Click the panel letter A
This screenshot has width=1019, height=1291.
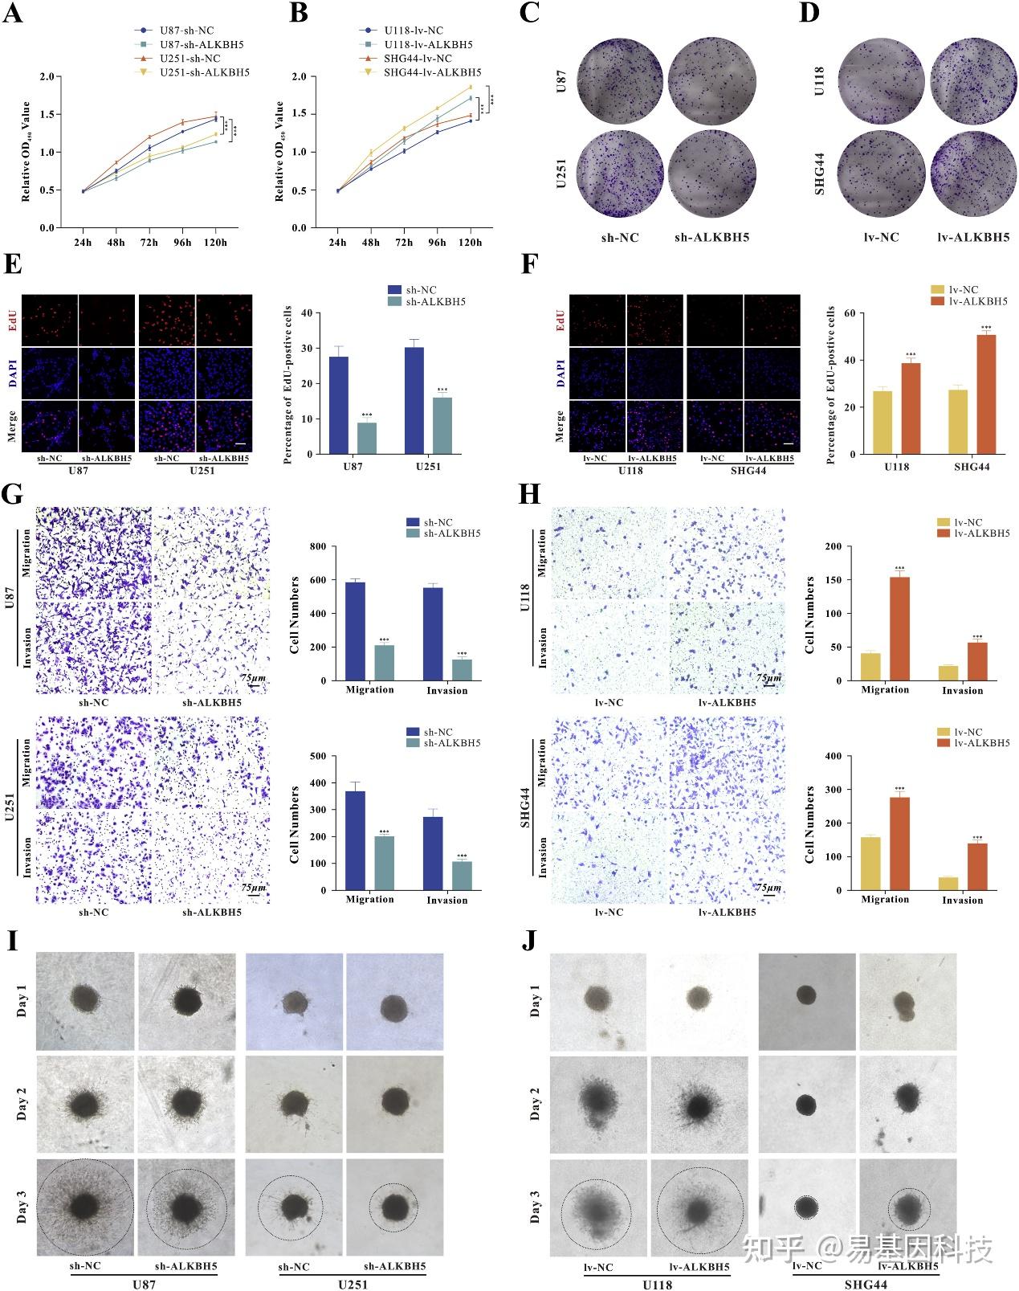click(x=14, y=14)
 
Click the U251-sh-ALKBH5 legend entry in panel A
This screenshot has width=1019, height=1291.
click(x=204, y=72)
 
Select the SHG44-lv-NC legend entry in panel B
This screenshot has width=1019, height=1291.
click(x=417, y=59)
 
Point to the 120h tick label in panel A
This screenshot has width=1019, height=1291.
click(x=214, y=243)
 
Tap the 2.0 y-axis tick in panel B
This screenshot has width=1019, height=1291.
click(x=299, y=77)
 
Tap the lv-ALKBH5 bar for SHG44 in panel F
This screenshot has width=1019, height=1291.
click(x=986, y=394)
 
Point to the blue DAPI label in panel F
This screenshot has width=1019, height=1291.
click(x=560, y=370)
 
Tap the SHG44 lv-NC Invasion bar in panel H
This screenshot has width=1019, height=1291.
click(x=948, y=883)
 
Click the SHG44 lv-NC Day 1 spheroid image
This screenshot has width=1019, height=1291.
click(x=806, y=1001)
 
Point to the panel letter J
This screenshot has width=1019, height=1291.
click(x=529, y=941)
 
